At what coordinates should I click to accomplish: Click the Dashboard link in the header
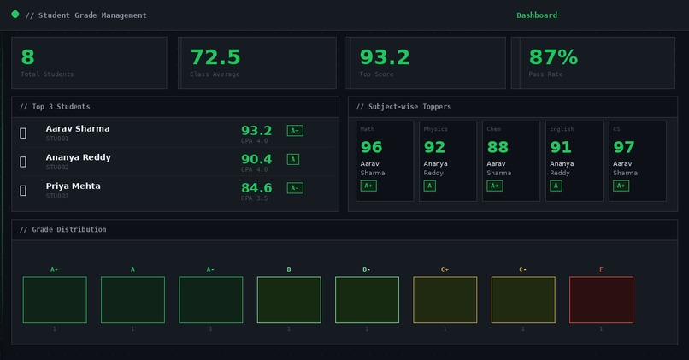[537, 15]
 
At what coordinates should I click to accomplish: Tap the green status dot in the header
[15, 15]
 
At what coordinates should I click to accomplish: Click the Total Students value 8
[27, 57]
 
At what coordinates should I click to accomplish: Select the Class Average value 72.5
[215, 57]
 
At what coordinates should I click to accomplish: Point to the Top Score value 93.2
[384, 57]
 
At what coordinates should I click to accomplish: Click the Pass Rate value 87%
[553, 57]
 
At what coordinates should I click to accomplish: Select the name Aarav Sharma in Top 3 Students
[78, 128]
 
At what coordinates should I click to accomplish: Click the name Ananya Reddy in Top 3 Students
[78, 157]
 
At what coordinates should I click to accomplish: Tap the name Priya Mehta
[73, 186]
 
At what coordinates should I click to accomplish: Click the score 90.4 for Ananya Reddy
[256, 159]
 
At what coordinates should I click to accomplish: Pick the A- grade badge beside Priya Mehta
[295, 188]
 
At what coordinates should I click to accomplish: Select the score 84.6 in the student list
[256, 188]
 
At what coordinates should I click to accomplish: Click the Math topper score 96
[371, 147]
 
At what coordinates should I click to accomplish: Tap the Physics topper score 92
[434, 147]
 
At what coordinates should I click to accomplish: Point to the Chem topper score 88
[498, 147]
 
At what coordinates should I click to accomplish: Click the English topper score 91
[561, 147]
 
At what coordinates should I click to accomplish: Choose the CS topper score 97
[624, 147]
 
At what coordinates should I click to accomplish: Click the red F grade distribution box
[601, 300]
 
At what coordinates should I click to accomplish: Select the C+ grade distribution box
[445, 300]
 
